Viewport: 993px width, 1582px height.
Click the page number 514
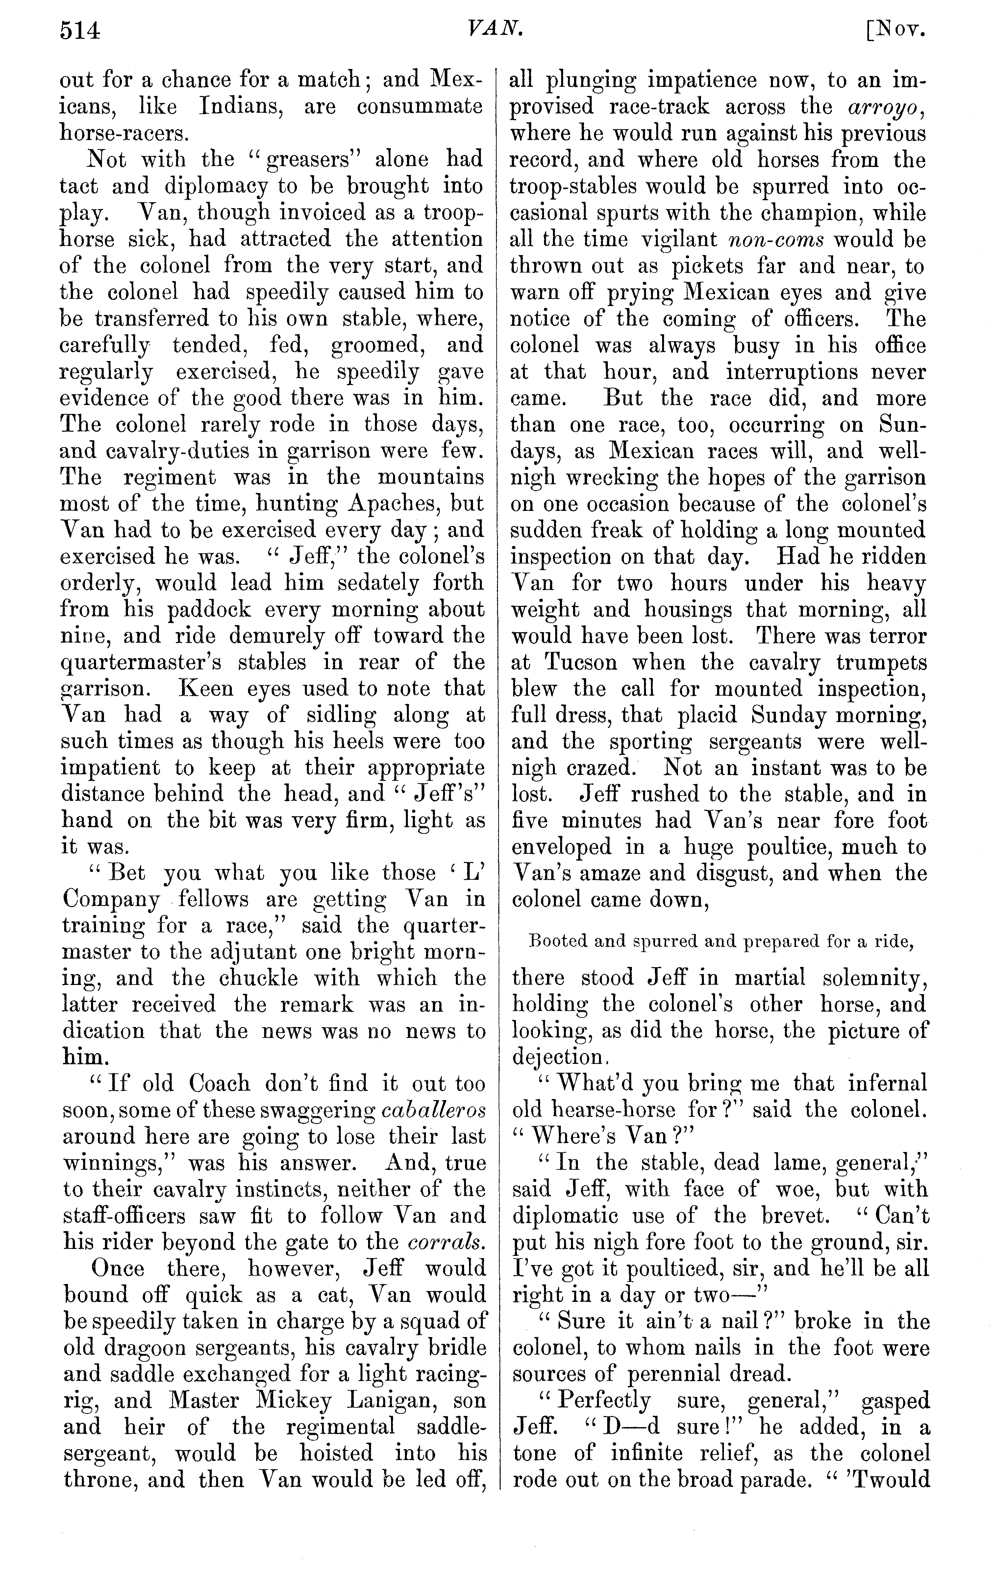coord(80,31)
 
